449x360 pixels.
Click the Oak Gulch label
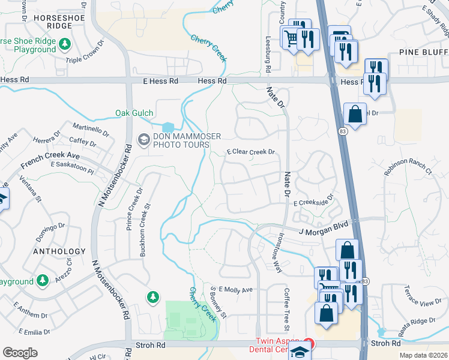134,113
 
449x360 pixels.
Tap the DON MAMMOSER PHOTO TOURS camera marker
143,140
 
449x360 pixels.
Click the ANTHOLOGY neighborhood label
59,251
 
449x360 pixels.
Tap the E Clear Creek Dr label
251,152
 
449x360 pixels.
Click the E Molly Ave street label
236,289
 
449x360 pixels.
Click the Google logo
20,353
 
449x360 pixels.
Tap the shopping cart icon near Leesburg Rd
291,38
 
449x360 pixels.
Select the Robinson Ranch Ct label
408,170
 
